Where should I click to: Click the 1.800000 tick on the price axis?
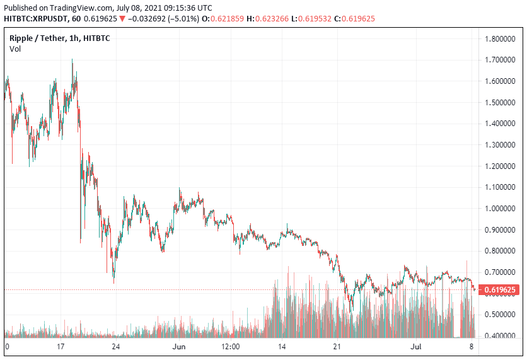(x=502, y=39)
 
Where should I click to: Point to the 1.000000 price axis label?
(x=502, y=209)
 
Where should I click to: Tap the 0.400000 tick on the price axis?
(x=502, y=335)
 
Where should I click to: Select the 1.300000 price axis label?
(x=502, y=145)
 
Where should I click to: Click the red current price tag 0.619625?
(x=502, y=290)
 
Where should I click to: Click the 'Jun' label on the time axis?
(x=179, y=347)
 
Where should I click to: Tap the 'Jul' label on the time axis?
(x=416, y=347)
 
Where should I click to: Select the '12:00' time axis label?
(x=230, y=347)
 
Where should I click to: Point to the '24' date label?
(x=115, y=347)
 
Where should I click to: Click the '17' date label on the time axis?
(x=61, y=347)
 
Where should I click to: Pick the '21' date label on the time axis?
(x=337, y=347)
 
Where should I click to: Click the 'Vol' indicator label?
(x=14, y=49)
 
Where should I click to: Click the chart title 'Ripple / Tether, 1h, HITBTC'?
(x=59, y=38)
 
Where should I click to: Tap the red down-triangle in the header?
(x=122, y=19)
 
